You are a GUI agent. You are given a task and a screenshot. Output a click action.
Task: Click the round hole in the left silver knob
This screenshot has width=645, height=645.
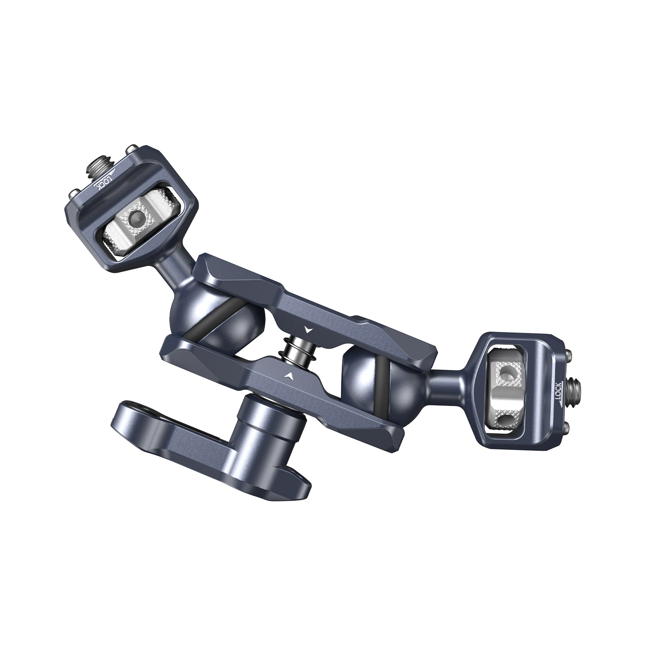[137, 219]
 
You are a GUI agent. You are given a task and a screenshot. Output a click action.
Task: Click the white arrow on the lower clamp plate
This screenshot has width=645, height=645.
[288, 375]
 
